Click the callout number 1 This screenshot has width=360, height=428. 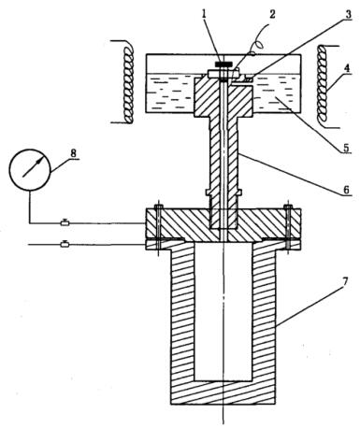pyautogui.click(x=204, y=14)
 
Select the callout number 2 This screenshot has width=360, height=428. pyautogui.click(x=272, y=14)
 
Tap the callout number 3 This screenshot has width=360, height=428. pyautogui.click(x=348, y=14)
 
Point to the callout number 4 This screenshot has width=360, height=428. pyautogui.click(x=347, y=68)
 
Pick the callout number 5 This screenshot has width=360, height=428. pyautogui.click(x=347, y=147)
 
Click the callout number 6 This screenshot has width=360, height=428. pyautogui.click(x=347, y=190)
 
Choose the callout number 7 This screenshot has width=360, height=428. pyautogui.click(x=345, y=281)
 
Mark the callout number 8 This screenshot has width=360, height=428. pyautogui.click(x=73, y=153)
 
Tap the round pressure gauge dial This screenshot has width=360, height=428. pyautogui.click(x=30, y=170)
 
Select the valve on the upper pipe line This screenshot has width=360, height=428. pyautogui.click(x=65, y=222)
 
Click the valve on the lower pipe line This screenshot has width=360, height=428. pyautogui.click(x=65, y=244)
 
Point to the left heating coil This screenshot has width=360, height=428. pyautogui.click(x=128, y=81)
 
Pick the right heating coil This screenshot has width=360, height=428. pyautogui.click(x=323, y=86)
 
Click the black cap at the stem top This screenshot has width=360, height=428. pyautogui.click(x=223, y=64)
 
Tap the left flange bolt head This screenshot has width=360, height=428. pyautogui.click(x=159, y=207)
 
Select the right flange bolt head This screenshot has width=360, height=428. pyautogui.click(x=288, y=207)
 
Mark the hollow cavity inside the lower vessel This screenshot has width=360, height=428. pyautogui.click(x=223, y=311)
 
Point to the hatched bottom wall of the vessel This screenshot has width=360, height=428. pyautogui.click(x=223, y=392)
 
